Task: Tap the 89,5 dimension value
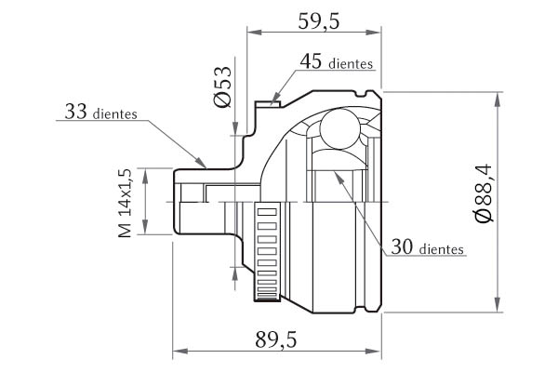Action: [275, 341]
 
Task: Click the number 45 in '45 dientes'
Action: [312, 62]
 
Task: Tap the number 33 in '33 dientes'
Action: [77, 113]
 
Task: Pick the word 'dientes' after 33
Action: [116, 115]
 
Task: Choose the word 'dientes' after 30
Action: [444, 250]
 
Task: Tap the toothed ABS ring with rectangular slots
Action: [267, 251]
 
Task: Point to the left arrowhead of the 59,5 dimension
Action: [252, 33]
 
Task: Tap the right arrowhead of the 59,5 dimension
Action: [377, 33]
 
